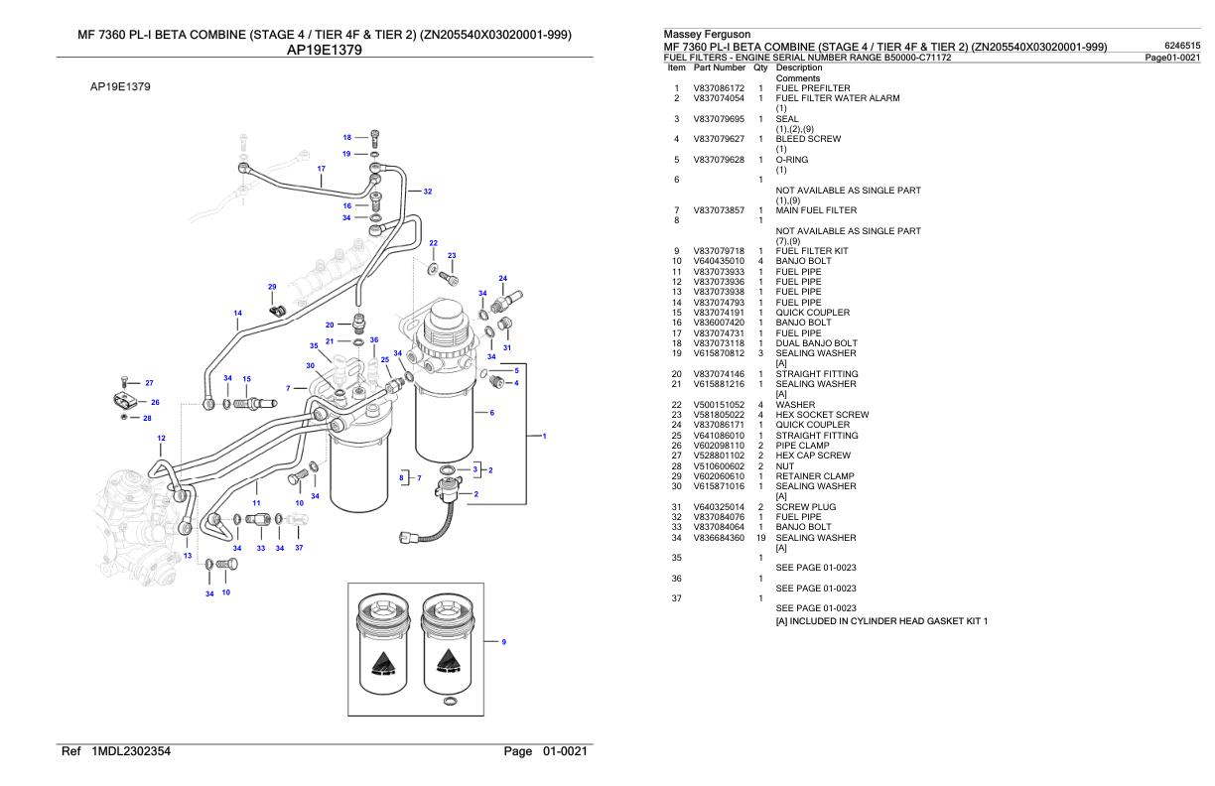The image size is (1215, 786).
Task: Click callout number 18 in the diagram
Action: pyautogui.click(x=347, y=137)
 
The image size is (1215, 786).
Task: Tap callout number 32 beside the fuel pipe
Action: pyautogui.click(x=427, y=191)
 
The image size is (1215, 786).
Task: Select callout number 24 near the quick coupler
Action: pyautogui.click(x=502, y=278)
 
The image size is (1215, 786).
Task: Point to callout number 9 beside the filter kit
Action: pyautogui.click(x=503, y=642)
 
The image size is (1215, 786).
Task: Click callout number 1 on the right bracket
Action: pyautogui.click(x=544, y=436)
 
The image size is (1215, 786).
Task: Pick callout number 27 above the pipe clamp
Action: pyautogui.click(x=149, y=382)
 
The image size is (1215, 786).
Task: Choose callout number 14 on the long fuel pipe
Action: pyautogui.click(x=237, y=314)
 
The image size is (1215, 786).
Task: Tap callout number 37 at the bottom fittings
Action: pyautogui.click(x=298, y=548)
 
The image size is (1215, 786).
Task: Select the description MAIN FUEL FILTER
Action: pyautogui.click(x=816, y=210)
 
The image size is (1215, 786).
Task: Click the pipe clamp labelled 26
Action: pyautogui.click(x=123, y=402)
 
